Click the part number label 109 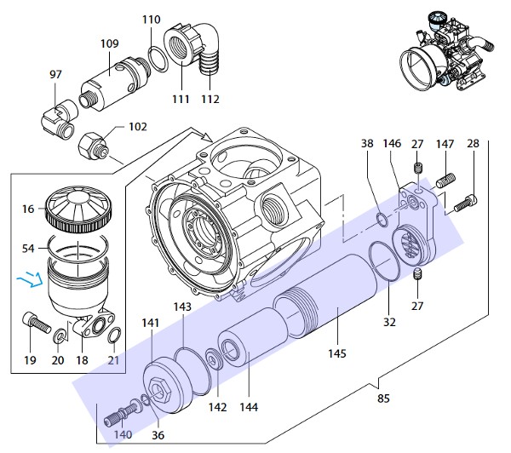(x=110, y=43)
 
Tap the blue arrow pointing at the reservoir (x=30, y=279)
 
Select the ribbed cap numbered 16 (x=78, y=209)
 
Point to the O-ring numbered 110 (x=158, y=59)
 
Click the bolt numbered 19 (x=37, y=323)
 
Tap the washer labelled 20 (x=60, y=335)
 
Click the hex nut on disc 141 (x=159, y=390)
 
